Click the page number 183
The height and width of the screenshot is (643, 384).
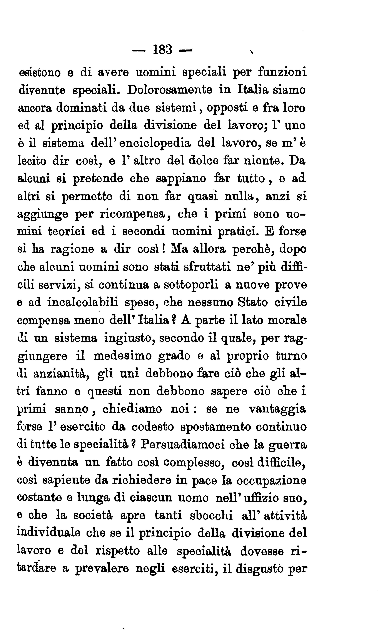(x=162, y=49)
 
